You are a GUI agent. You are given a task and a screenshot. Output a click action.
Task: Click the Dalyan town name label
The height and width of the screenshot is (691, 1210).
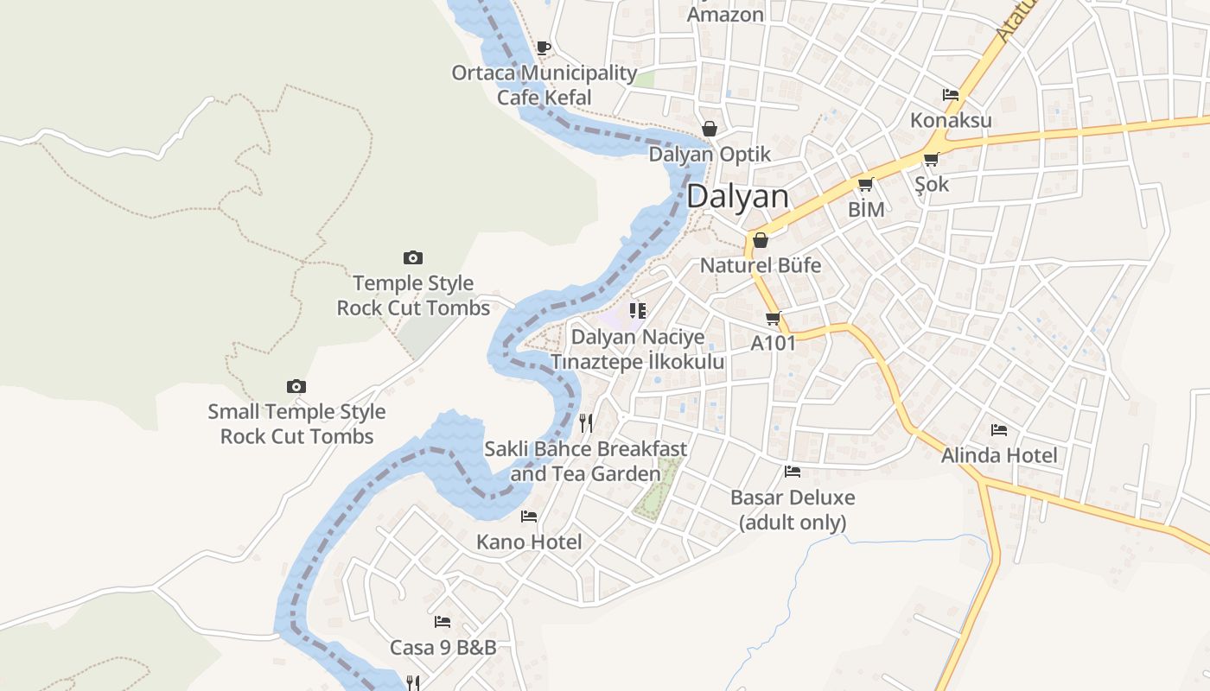738,196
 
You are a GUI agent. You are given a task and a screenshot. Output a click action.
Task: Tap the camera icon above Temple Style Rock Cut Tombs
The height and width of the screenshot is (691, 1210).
413,257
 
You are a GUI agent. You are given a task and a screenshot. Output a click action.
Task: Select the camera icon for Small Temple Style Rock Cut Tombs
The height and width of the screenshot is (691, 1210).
296,386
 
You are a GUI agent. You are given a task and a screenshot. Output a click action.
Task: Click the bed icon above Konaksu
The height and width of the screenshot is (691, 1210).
951,94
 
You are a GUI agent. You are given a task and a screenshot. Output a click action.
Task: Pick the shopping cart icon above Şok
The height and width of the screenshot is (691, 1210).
931,159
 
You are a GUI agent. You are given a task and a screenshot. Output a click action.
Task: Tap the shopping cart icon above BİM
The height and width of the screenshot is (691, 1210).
865,184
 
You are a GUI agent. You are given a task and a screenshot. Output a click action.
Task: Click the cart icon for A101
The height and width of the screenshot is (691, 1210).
773,318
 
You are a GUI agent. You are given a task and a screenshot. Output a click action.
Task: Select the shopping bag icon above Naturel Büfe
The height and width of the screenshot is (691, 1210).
761,239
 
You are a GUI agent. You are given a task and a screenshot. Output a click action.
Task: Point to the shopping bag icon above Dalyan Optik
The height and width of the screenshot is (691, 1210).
710,129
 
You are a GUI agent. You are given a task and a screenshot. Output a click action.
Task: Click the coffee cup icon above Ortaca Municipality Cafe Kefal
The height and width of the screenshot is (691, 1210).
544,48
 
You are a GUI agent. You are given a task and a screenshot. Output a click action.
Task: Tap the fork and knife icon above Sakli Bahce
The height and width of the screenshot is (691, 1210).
586,422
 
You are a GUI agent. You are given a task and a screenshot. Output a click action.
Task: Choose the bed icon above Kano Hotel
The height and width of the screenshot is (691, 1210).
529,517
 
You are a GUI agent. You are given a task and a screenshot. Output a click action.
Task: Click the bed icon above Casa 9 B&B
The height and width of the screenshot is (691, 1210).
443,621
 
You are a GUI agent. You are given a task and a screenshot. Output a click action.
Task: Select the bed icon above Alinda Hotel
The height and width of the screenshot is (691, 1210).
999,429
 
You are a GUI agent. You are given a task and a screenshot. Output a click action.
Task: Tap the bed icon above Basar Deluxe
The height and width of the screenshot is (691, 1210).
793,472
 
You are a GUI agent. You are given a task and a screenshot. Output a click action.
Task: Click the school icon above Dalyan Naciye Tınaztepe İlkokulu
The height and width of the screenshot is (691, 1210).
638,310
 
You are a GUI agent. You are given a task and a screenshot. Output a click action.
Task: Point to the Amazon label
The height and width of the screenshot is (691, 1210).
725,15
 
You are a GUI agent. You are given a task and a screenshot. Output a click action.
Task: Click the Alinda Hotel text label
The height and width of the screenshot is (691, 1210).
999,455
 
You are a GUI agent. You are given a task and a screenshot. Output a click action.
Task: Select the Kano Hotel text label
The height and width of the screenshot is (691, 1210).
529,542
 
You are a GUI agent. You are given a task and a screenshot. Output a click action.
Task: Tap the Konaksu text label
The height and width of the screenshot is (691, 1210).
951,120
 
